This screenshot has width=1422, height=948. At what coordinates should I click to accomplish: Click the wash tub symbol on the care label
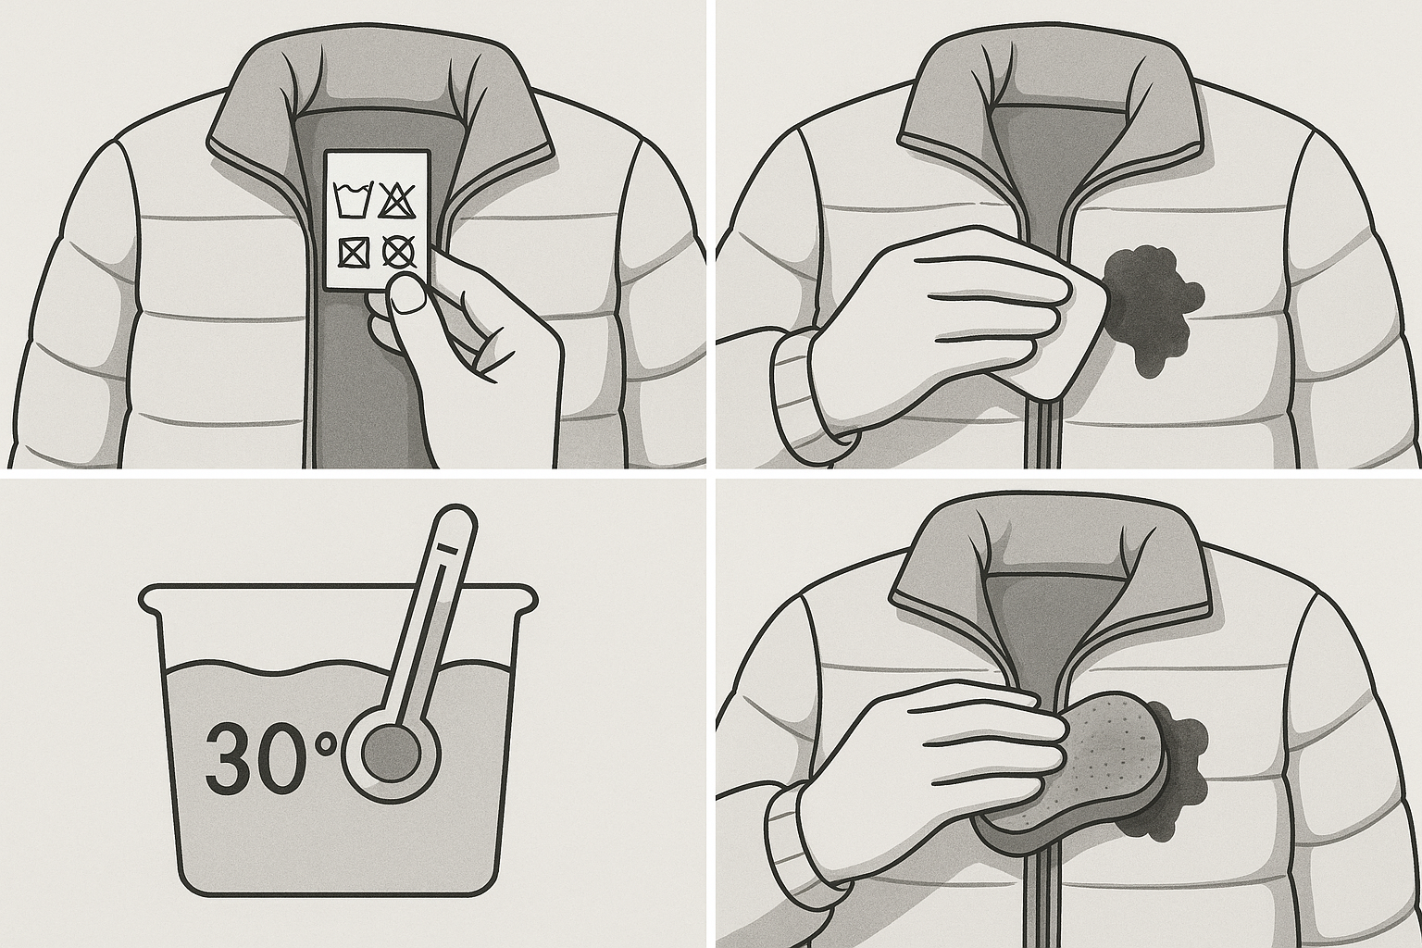352,200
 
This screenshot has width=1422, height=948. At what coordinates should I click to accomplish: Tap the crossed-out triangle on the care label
397,200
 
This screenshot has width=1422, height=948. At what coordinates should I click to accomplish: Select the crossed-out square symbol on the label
353,254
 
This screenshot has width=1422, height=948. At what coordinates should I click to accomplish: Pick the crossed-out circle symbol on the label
398,252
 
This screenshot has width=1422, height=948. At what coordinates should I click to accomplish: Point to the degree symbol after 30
327,743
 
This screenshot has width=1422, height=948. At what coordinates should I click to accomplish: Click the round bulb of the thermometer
391,754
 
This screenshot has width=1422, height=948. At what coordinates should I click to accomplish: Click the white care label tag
377,220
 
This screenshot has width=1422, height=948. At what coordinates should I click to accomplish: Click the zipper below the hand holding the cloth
1047,435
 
